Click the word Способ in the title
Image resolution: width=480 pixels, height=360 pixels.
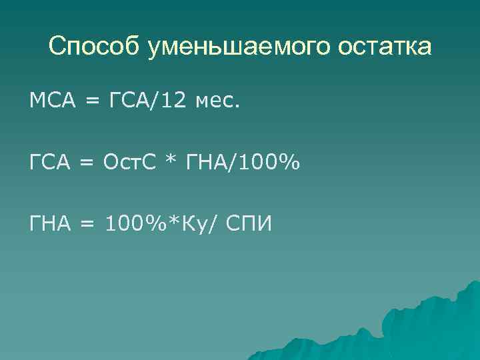tap(95, 48)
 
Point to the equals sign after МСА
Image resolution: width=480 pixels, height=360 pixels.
tap(92, 103)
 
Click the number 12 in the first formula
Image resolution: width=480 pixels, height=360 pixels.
tap(175, 102)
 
